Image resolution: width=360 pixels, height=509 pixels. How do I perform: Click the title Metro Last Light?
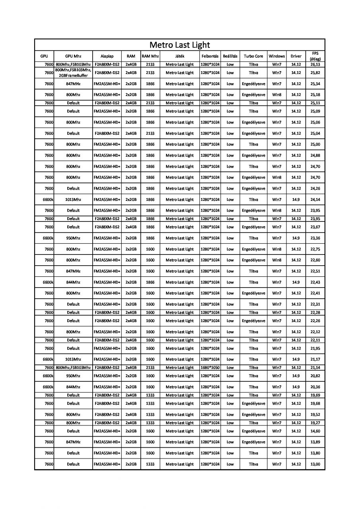pos(179,45)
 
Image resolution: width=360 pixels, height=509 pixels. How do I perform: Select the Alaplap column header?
pos(107,56)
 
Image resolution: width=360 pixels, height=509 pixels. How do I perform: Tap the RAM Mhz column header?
pos(150,56)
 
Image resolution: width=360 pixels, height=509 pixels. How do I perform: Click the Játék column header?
pos(179,56)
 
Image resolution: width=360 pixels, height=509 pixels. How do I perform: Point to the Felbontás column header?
pos(210,56)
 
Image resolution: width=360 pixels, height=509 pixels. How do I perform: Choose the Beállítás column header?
pos(230,56)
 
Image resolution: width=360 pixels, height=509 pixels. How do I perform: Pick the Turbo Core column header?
pos(253,56)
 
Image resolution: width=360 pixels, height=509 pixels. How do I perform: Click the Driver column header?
pos(296,56)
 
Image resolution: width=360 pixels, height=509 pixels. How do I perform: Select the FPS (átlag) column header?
pos(315,56)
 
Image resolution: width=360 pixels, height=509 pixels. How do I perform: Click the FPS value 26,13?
pos(315,64)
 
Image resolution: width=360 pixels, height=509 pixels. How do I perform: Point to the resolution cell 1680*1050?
pos(210,367)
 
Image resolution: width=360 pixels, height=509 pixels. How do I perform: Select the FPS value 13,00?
pos(315,464)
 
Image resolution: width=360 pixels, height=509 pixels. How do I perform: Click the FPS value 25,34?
pos(315,84)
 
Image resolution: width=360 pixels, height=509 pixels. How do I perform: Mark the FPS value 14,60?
pos(315,431)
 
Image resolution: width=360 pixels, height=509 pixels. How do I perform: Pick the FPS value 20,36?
pos(315,387)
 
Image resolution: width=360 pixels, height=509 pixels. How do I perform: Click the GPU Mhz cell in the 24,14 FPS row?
pos(73,200)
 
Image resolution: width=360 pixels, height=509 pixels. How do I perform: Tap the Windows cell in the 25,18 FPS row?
pos(277,95)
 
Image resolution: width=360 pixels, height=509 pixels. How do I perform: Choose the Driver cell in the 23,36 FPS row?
pos(296,238)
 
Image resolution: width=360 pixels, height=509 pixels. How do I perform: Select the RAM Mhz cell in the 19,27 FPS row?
pos(150,423)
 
